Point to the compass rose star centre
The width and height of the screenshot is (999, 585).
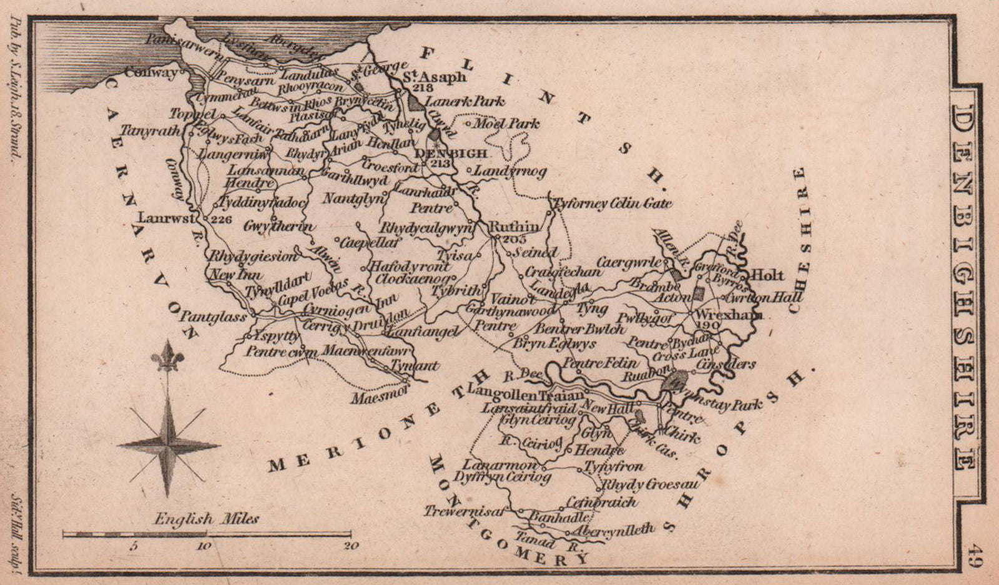[x=167, y=445]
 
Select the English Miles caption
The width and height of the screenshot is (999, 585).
[x=207, y=519]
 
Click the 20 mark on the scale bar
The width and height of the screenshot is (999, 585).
[x=351, y=546]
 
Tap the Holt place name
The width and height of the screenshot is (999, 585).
[x=767, y=275]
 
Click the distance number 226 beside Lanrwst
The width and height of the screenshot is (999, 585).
[x=222, y=219]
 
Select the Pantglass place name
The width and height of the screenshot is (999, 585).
[x=214, y=318]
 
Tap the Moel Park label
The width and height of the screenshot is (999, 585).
[x=506, y=124]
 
